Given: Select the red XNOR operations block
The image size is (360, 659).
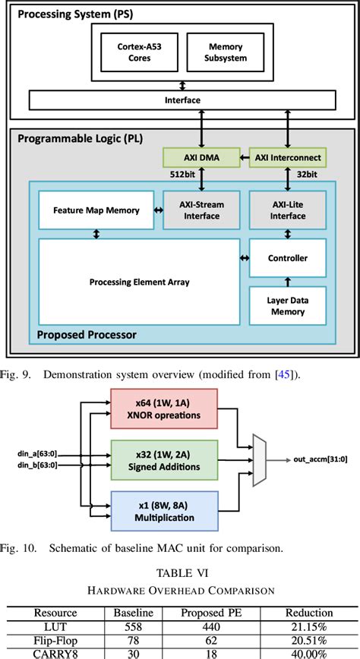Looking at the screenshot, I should point(164,410).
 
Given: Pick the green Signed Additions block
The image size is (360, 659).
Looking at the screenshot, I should point(164,459).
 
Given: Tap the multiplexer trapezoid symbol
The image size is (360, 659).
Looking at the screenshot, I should point(260,459).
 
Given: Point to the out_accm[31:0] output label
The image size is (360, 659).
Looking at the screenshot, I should point(315,459).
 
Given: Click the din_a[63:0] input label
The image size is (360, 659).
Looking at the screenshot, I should point(38,453).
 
